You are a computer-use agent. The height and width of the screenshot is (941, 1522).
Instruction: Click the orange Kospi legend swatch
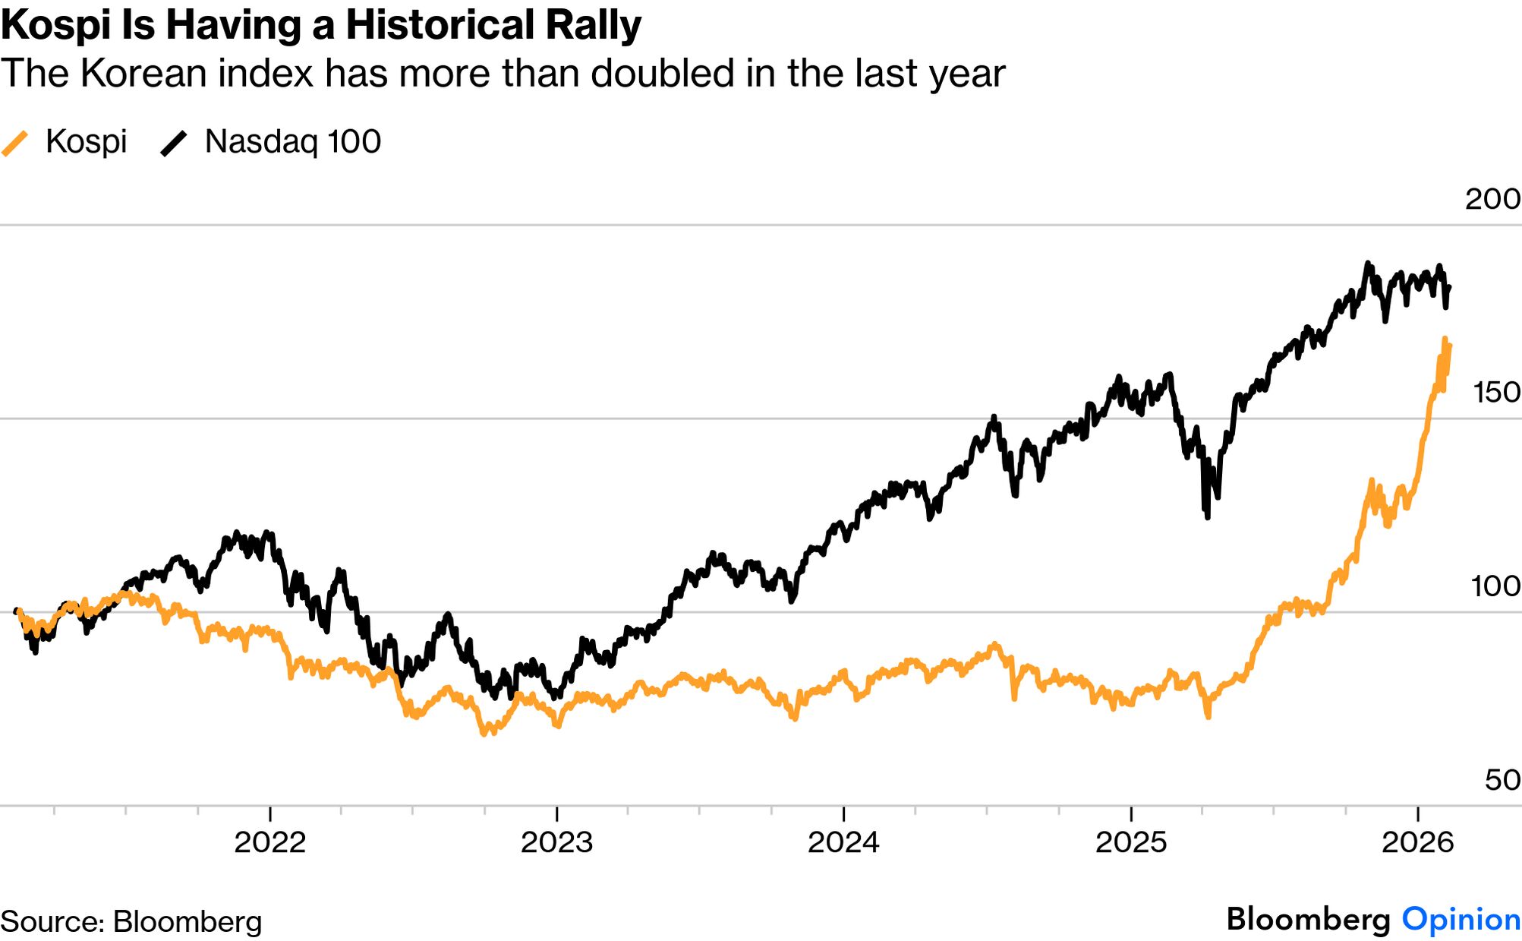point(15,143)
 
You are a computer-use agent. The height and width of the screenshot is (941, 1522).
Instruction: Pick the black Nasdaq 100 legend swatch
point(174,143)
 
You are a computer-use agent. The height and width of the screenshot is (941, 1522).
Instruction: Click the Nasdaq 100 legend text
point(292,142)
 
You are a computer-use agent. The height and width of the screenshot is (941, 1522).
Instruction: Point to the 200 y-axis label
point(1492,199)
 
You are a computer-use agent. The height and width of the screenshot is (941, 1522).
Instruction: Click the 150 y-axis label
point(1495,393)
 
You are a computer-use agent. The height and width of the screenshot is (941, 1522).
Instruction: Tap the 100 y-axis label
point(1495,586)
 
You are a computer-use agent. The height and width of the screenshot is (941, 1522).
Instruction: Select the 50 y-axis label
point(1502,780)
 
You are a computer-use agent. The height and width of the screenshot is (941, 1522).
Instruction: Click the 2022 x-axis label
point(269,842)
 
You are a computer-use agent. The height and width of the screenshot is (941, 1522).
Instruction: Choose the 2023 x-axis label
point(556,842)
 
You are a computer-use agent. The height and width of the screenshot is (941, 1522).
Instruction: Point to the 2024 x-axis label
point(843,842)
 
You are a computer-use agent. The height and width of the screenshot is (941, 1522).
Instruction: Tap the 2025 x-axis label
point(1130,842)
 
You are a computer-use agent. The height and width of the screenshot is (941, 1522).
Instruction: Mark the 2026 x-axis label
point(1417,842)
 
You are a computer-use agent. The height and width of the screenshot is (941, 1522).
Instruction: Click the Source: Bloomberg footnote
point(131,921)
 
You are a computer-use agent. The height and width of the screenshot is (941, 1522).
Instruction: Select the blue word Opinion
point(1461,919)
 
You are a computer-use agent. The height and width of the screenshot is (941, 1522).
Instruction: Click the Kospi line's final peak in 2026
point(1445,339)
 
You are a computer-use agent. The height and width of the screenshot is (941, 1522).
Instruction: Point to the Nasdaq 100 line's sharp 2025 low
point(1207,516)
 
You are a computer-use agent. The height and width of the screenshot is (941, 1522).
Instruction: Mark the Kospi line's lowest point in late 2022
point(484,734)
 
